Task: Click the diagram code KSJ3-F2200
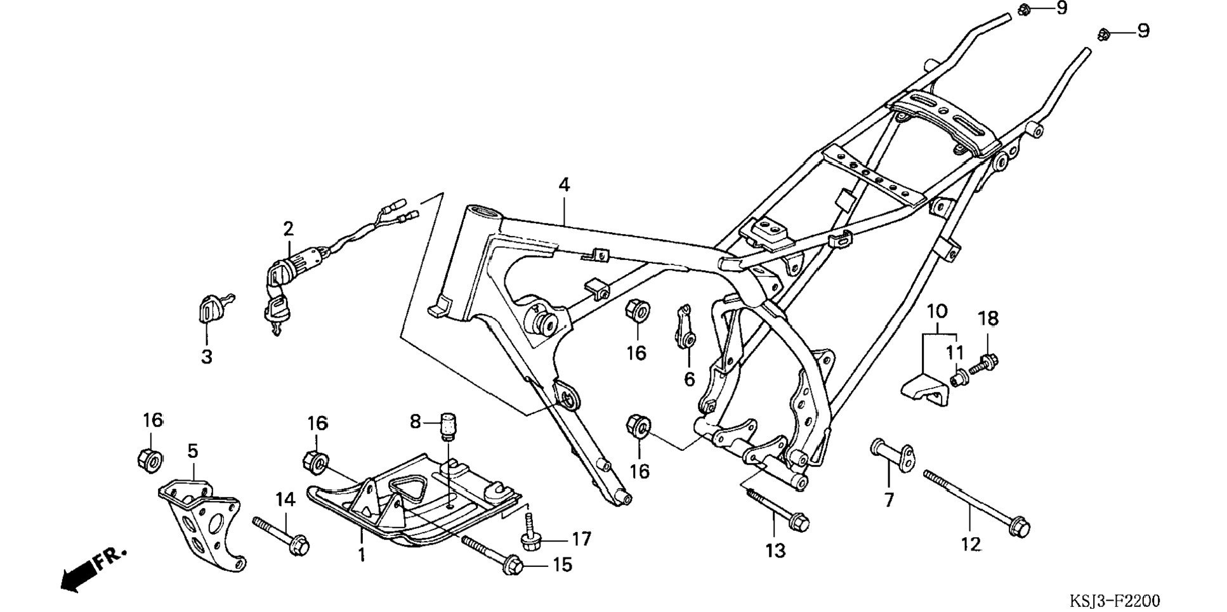[x=1115, y=601]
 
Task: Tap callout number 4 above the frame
[x=564, y=185]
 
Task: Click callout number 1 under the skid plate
[x=361, y=555]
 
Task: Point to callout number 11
[x=955, y=353]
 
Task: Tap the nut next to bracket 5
[x=150, y=459]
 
